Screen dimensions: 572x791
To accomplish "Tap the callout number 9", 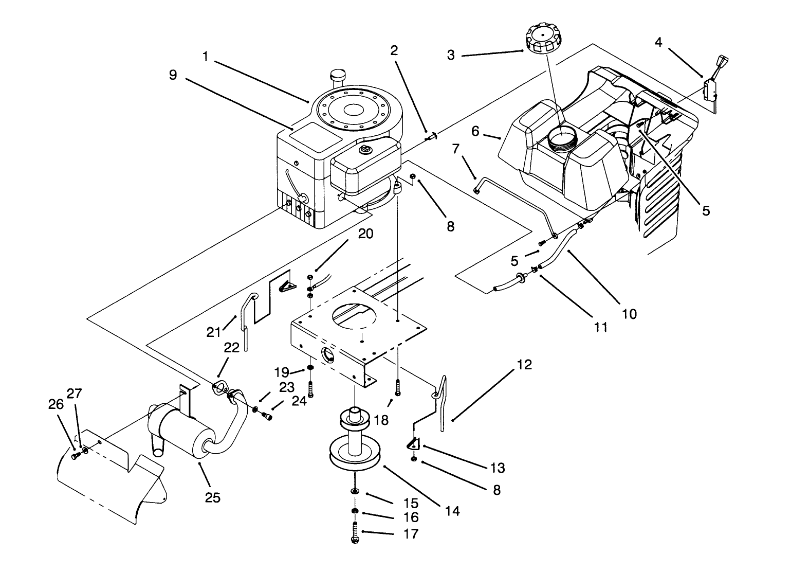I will (x=173, y=75).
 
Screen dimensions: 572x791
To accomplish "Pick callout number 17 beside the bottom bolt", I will (x=411, y=534).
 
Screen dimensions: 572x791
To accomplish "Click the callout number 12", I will (x=524, y=365).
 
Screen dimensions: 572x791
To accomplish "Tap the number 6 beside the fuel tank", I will (x=475, y=132).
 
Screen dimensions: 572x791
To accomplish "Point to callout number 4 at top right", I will (x=658, y=42).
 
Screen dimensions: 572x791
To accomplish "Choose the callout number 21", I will (x=213, y=332).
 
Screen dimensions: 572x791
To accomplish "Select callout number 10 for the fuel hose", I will (x=629, y=313).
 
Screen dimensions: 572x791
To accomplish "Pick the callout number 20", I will (x=365, y=234).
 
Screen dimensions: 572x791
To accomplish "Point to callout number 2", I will (x=394, y=50).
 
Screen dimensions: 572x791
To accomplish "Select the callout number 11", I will (x=600, y=327).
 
